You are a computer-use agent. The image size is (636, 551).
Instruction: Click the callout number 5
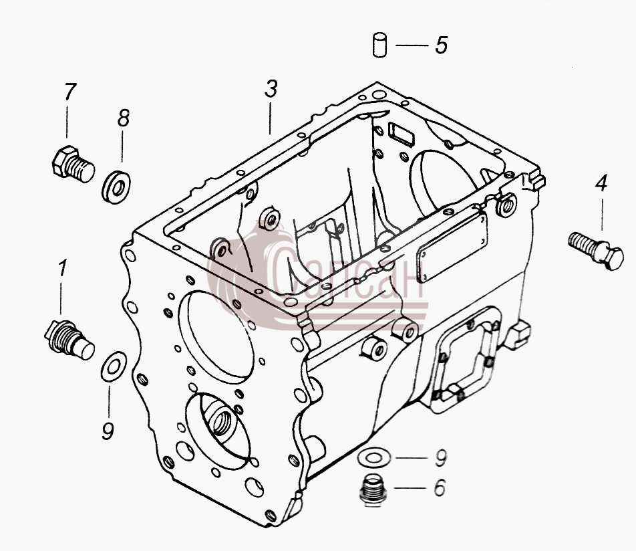tap(442, 45)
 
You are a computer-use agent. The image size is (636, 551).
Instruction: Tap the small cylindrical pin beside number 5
tap(379, 45)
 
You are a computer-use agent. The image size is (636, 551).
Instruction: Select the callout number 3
tap(271, 89)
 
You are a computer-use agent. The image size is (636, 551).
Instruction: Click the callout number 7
tap(69, 92)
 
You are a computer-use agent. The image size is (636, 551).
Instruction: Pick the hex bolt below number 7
tap(73, 164)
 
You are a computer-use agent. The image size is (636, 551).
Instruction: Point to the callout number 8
tap(124, 118)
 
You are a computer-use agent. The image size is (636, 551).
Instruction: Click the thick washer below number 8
tap(116, 187)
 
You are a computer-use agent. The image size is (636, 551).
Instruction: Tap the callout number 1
tap(62, 268)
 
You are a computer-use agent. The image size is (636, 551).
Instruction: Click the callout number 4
tap(601, 183)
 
